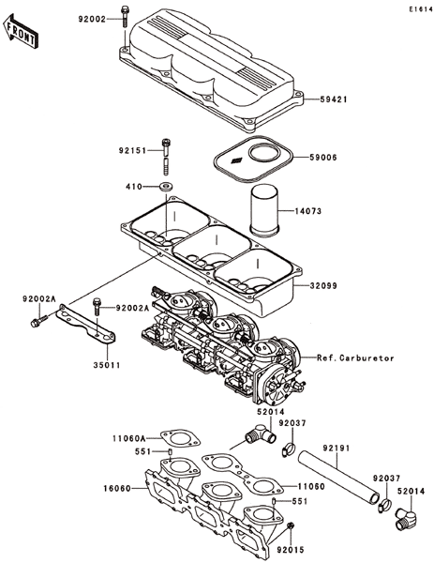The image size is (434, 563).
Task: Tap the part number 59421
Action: point(333,99)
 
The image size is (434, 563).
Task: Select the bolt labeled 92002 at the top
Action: point(125,16)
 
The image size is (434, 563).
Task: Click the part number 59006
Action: point(323,158)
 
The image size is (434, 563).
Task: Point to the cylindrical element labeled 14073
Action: point(263,210)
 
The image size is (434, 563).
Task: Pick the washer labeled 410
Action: point(166,187)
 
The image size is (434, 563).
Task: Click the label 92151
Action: point(132,151)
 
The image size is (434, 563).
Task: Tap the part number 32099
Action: point(323,286)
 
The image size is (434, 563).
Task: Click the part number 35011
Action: point(107,365)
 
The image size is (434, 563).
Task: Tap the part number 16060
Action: point(117,488)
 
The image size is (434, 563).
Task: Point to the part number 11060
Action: point(311,486)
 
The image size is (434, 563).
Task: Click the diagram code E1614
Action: point(421,9)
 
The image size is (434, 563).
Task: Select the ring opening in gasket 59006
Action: point(264,153)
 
